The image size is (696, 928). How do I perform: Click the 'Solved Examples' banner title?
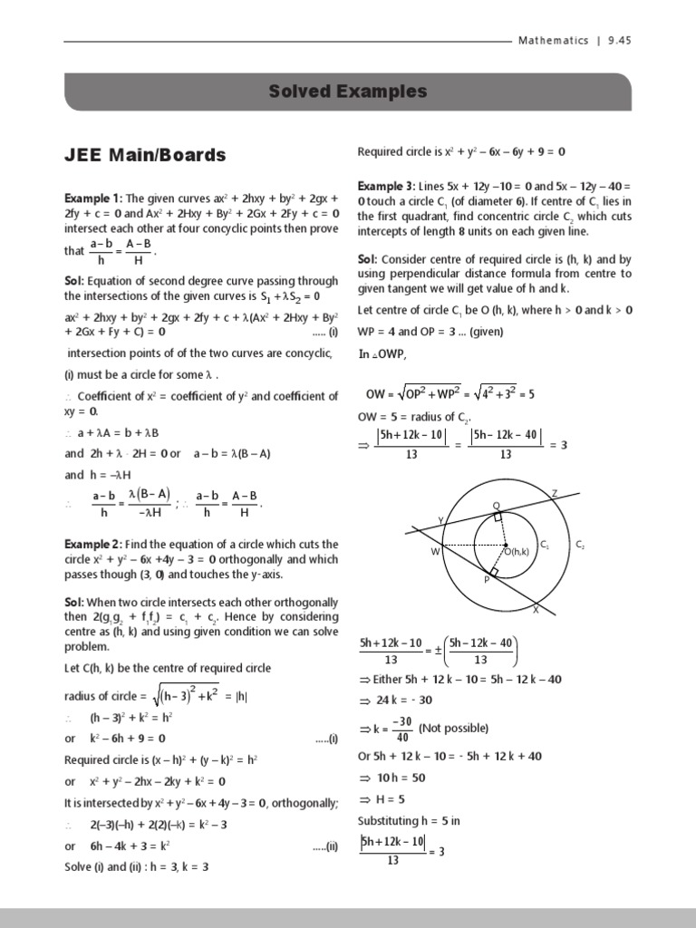pyautogui.click(x=348, y=92)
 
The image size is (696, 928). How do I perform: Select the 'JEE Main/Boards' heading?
pyautogui.click(x=145, y=155)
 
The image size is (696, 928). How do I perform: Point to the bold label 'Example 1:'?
pyautogui.click(x=92, y=198)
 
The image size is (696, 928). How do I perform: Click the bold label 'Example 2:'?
pyautogui.click(x=92, y=545)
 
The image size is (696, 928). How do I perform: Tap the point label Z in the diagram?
pyautogui.click(x=554, y=492)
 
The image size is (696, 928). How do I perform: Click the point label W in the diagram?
pyautogui.click(x=435, y=550)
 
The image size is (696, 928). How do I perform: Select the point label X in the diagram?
pyautogui.click(x=535, y=611)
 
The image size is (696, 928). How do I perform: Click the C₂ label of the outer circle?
pyautogui.click(x=580, y=545)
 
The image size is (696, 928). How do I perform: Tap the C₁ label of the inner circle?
pyautogui.click(x=544, y=545)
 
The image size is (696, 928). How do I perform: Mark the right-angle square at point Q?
pyautogui.click(x=498, y=517)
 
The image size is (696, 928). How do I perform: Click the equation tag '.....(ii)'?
pyautogui.click(x=325, y=846)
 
